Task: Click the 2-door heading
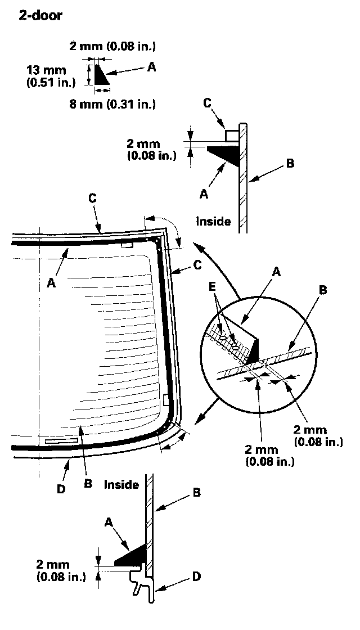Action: coord(40,15)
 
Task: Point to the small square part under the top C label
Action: coord(231,136)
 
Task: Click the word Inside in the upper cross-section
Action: coord(213,221)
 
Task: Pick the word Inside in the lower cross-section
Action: coord(121,484)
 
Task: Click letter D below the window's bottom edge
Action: coord(61,489)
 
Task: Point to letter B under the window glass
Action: coord(89,483)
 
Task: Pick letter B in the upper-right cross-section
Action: coord(290,164)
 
